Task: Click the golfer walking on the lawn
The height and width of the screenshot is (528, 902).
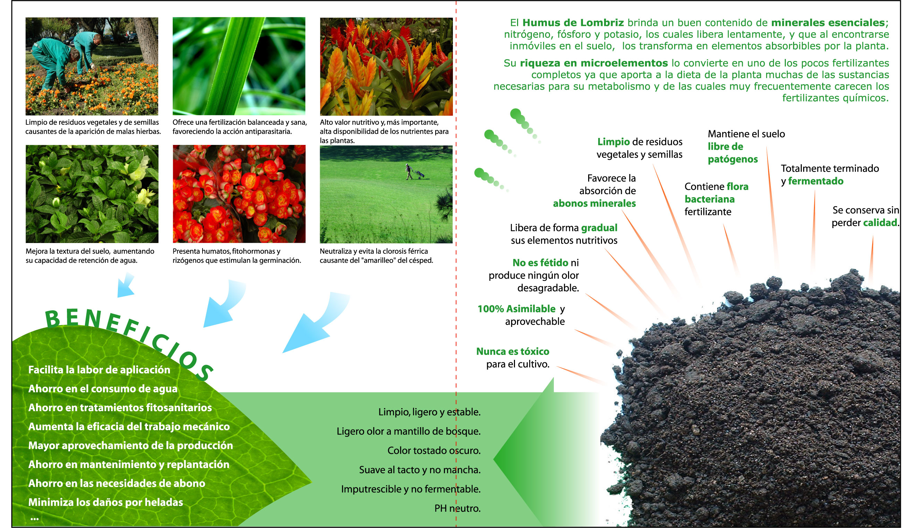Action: (x=409, y=171)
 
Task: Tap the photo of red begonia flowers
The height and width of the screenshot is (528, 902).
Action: (x=239, y=194)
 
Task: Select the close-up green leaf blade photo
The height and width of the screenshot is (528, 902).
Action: (x=239, y=66)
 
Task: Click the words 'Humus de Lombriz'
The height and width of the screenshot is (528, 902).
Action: (x=573, y=23)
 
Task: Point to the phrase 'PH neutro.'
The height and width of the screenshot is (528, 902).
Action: (x=457, y=508)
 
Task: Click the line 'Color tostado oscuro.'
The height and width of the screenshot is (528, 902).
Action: (x=434, y=450)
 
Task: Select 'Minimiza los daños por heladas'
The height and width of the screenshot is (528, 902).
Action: (x=105, y=502)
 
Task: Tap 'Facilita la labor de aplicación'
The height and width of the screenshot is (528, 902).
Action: (x=99, y=370)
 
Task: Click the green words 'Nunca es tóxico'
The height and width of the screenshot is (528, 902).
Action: (x=513, y=351)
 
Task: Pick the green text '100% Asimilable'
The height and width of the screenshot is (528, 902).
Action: (x=516, y=309)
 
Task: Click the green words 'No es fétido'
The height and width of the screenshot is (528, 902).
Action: (x=541, y=262)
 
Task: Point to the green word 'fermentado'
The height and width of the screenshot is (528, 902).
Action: (x=816, y=181)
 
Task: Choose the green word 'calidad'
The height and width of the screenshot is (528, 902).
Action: (x=880, y=223)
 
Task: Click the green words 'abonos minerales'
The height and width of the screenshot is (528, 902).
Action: (x=594, y=203)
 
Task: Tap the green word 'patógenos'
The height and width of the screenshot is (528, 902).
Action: (x=733, y=159)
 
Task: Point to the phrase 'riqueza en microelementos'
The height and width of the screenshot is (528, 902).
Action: (x=594, y=63)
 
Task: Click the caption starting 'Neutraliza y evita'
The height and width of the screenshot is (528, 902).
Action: (x=376, y=256)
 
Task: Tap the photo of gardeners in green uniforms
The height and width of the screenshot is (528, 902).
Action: (x=92, y=66)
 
